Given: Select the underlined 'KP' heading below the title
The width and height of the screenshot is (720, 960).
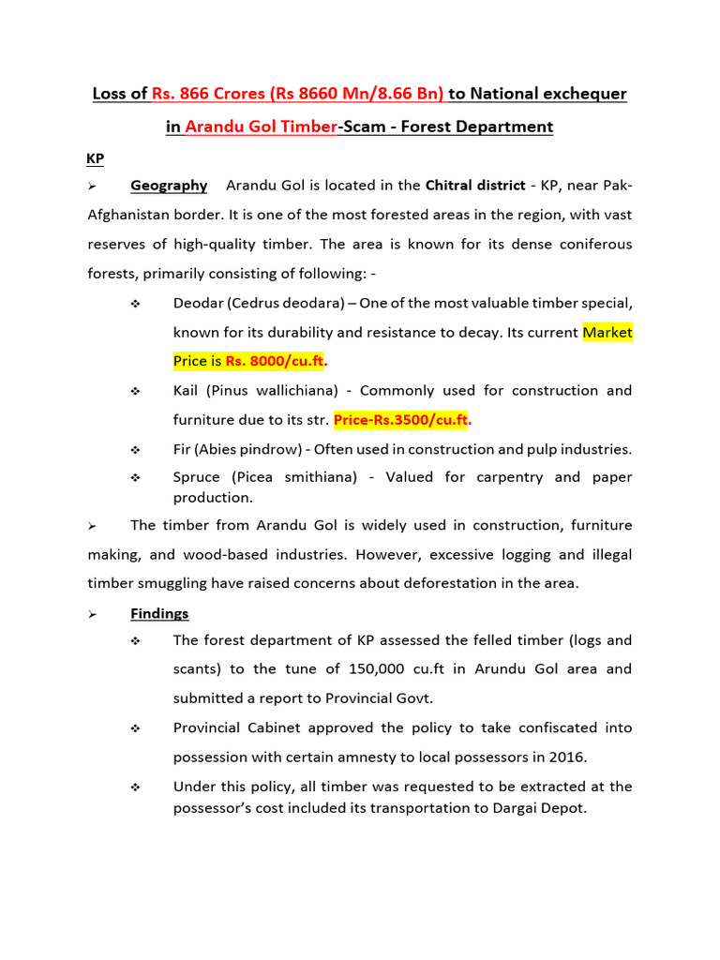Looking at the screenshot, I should [x=95, y=159].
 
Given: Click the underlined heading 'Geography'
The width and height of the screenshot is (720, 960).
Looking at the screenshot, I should [x=169, y=186].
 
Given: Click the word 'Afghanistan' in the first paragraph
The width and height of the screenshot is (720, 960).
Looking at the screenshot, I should [x=130, y=215].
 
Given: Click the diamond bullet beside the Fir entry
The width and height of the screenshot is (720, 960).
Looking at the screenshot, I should [x=136, y=449].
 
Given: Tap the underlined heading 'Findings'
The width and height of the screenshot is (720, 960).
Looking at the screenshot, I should [x=159, y=613].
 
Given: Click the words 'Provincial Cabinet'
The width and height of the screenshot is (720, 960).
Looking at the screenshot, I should [x=232, y=727].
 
